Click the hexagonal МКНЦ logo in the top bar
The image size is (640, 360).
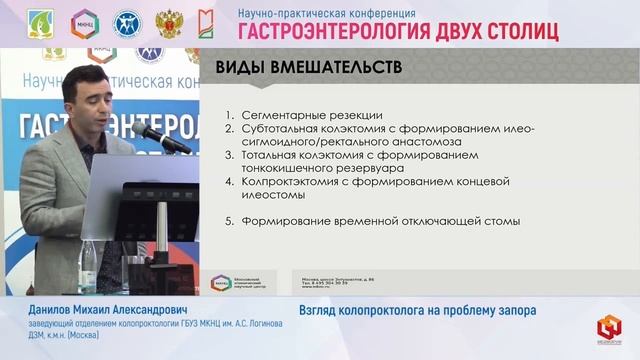[x=84, y=23]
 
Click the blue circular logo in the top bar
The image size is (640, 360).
[x=127, y=23]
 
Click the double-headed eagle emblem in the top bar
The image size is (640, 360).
[x=169, y=23]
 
